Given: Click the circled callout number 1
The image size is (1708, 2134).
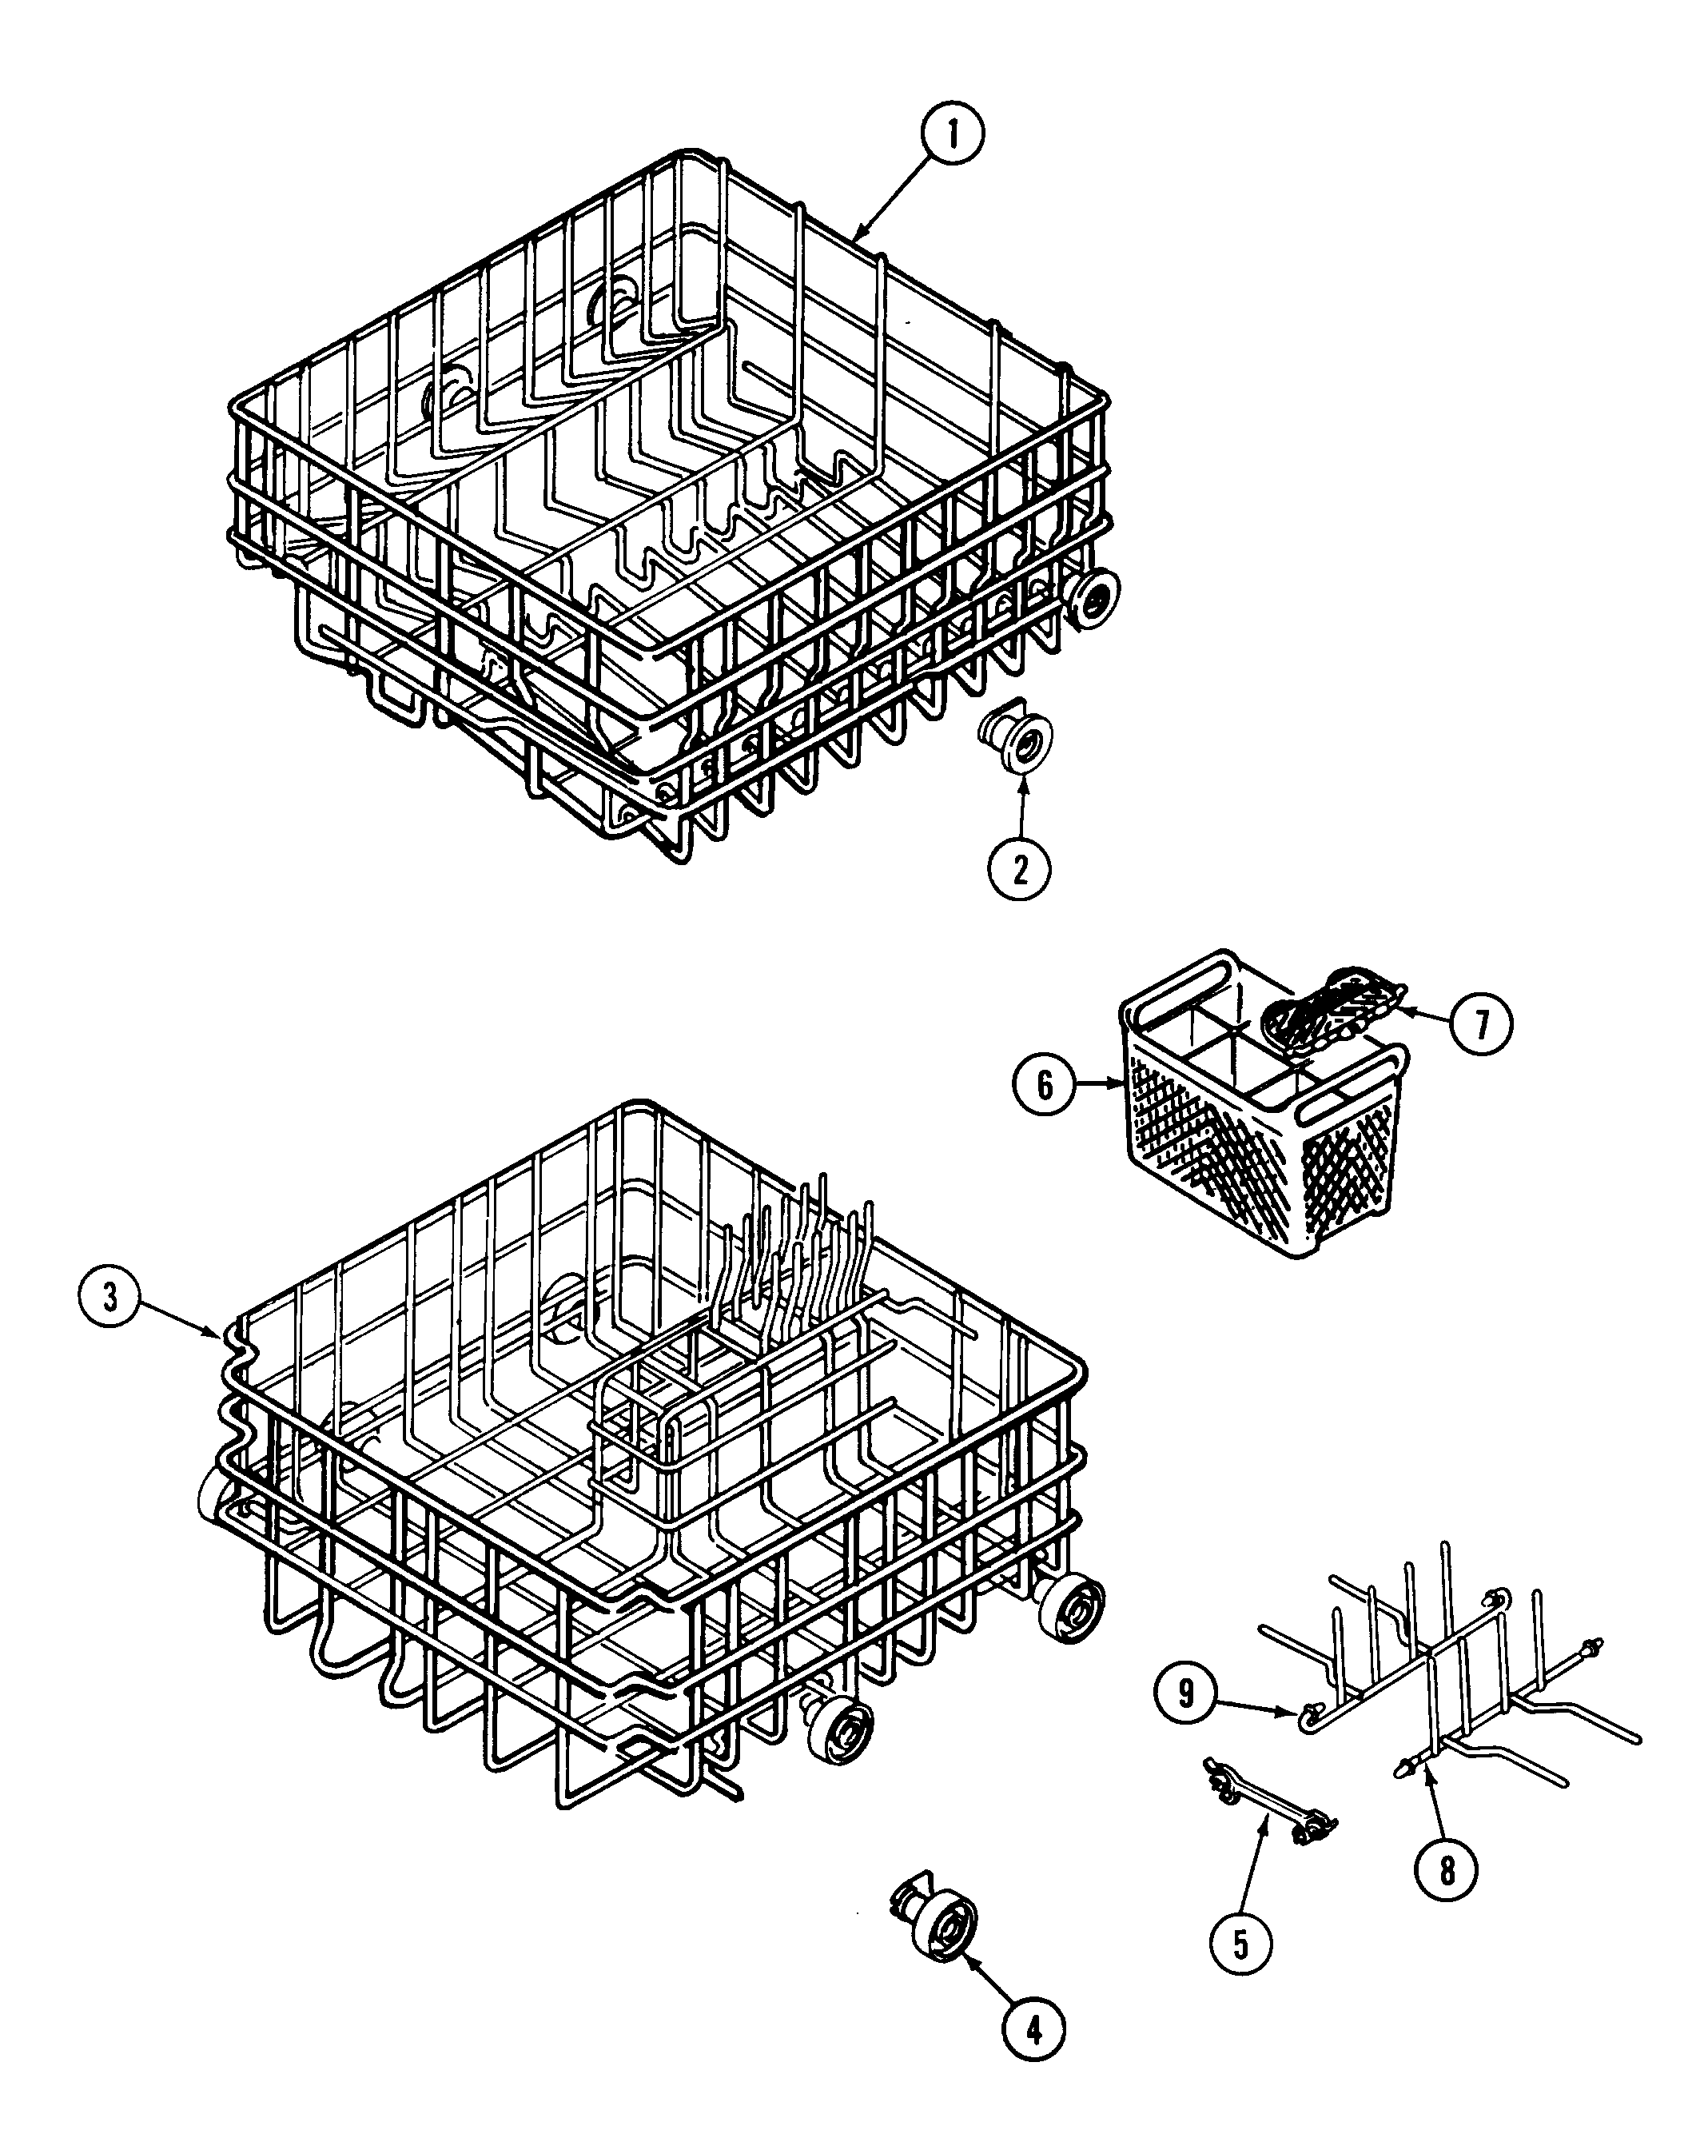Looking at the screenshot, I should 952,134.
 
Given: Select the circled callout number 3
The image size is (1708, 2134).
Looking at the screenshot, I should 109,1297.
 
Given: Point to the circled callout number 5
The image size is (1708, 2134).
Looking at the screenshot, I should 1240,1945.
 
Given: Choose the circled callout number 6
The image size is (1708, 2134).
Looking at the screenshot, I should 1044,1085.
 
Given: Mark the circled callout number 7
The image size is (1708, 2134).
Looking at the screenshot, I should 1481,1024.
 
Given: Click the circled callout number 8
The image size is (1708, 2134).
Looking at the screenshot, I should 1447,1869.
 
